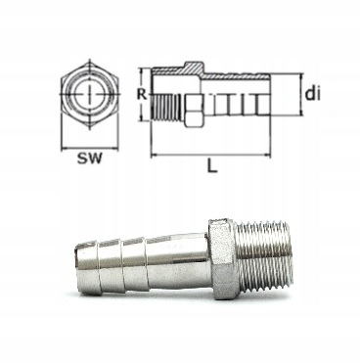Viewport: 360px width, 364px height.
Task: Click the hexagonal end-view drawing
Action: (88, 98)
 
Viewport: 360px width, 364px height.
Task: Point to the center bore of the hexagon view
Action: (88, 98)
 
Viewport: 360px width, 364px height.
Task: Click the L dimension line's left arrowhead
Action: (156, 154)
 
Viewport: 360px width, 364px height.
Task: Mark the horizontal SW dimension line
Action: (88, 144)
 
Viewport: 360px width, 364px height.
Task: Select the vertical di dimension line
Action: (293, 95)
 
